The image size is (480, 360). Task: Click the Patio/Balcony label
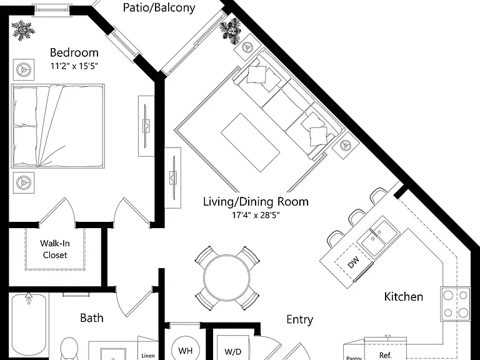(x=159, y=7)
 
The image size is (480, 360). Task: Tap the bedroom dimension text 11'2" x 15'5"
(x=74, y=66)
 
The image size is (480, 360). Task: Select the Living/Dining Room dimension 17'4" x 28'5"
(x=256, y=215)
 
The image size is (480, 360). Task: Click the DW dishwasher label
(x=354, y=262)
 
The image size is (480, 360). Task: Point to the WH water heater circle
(x=185, y=350)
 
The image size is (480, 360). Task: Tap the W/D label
(x=232, y=352)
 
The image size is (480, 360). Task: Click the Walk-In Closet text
(x=55, y=249)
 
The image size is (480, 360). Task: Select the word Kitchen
(x=404, y=297)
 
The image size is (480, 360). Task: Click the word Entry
(x=300, y=319)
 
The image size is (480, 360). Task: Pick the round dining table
(x=226, y=277)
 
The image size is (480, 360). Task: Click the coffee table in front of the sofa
(x=251, y=142)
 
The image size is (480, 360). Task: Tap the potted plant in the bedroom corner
(x=23, y=30)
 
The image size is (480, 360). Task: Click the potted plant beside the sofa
(x=231, y=31)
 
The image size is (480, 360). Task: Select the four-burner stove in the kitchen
(x=456, y=304)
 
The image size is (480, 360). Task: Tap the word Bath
(x=91, y=318)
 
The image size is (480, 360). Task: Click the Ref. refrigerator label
(x=386, y=356)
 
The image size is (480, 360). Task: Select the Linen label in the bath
(x=148, y=356)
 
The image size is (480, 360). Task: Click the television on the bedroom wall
(x=147, y=126)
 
